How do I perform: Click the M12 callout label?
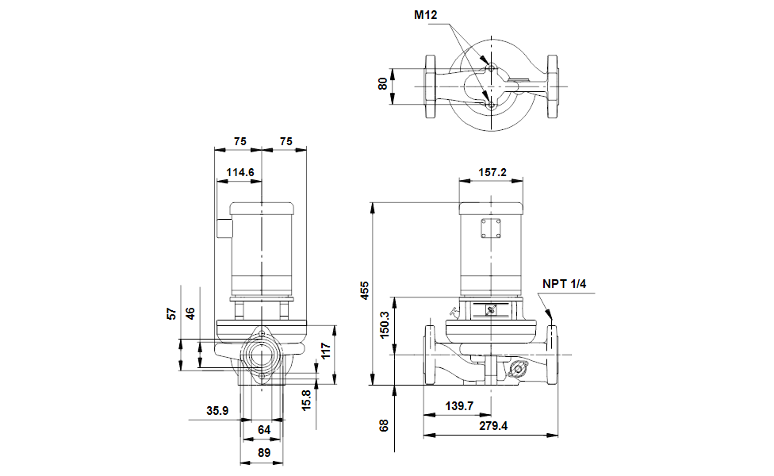coord(425,15)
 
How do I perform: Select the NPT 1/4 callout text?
coord(564,284)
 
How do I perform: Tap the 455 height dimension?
coord(364,291)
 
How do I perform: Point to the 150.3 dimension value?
coord(385,324)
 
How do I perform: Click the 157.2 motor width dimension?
coord(492,172)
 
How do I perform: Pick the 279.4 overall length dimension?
coord(493,426)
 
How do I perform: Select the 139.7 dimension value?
coord(459,406)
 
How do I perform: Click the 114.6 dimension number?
coord(240,172)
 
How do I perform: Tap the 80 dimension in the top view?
coord(382,84)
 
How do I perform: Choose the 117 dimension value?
coord(326,351)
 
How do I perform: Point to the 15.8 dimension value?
coord(307,400)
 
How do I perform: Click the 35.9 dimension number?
coord(217,411)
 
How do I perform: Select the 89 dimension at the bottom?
coord(264,453)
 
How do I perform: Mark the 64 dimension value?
coord(264,430)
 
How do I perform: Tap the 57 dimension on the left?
coord(171,313)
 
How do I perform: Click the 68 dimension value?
coord(384,426)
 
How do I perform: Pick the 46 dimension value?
coord(190,313)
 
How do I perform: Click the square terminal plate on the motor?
coord(491,228)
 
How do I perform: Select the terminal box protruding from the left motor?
coord(224,228)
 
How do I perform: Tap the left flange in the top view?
coord(431,86)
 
